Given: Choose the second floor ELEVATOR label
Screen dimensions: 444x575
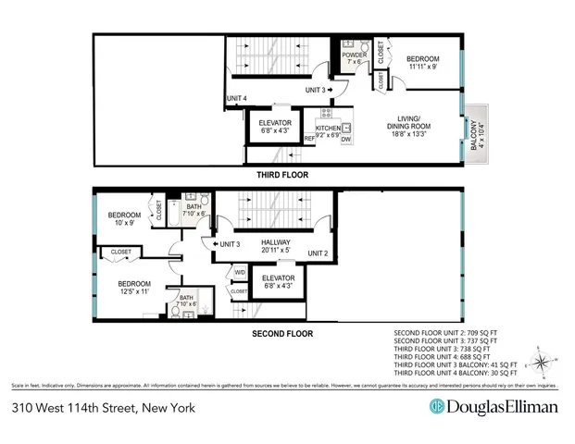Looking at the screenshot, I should pyautogui.click(x=279, y=280).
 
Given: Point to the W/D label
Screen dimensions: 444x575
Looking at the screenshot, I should pyautogui.click(x=240, y=272).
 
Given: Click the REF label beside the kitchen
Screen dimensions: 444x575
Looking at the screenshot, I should pyautogui.click(x=309, y=139).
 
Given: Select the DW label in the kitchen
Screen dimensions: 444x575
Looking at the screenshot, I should pyautogui.click(x=347, y=139).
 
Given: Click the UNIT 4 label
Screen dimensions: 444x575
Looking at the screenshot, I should pyautogui.click(x=237, y=98).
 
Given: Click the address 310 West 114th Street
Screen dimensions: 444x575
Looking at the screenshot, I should pyautogui.click(x=97, y=406).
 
